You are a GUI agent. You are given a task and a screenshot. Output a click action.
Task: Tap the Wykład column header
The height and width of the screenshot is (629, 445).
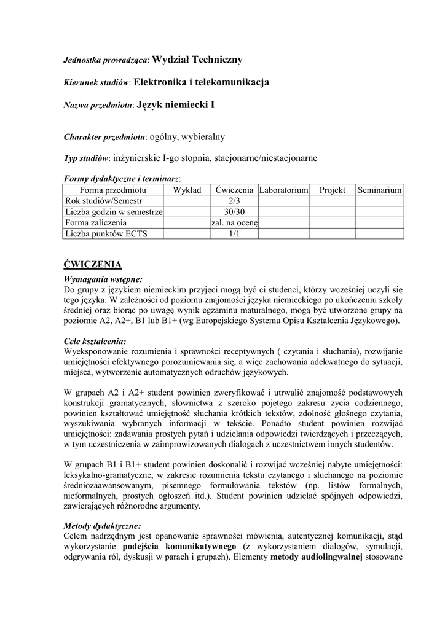pyautogui.click(x=187, y=190)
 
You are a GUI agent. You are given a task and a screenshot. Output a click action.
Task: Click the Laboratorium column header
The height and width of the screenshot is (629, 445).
pyautogui.click(x=283, y=190)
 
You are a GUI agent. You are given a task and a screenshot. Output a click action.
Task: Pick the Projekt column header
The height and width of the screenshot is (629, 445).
pyautogui.click(x=333, y=190)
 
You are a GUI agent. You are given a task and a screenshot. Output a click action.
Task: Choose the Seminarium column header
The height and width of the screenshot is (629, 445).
pyautogui.click(x=380, y=190)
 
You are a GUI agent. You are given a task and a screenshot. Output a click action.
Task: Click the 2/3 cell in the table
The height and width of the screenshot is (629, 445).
pyautogui.click(x=234, y=201)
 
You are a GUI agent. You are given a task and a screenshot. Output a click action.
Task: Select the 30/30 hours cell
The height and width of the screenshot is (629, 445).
pyautogui.click(x=234, y=212)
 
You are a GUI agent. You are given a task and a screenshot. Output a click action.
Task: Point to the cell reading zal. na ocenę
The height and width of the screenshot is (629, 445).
pyautogui.click(x=234, y=222)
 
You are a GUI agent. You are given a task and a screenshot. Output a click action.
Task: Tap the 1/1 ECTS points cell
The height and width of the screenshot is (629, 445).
pyautogui.click(x=234, y=233)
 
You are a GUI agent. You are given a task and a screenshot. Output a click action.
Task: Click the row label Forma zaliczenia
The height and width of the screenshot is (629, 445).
pyautogui.click(x=96, y=222)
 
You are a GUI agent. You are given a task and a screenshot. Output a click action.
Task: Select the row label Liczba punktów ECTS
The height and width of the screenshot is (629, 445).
pyautogui.click(x=106, y=233)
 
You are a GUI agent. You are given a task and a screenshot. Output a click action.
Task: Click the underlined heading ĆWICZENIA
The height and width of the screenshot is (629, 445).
pyautogui.click(x=93, y=265)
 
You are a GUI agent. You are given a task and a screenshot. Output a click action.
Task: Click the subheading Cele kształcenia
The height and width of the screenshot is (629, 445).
pyautogui.click(x=95, y=341)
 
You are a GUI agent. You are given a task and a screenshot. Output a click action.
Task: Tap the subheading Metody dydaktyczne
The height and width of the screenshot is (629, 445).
pyautogui.click(x=102, y=526)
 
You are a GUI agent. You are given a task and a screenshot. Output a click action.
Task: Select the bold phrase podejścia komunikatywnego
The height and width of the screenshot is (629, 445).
pyautogui.click(x=179, y=546)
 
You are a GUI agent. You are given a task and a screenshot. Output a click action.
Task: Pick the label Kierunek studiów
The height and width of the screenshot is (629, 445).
pyautogui.click(x=97, y=83)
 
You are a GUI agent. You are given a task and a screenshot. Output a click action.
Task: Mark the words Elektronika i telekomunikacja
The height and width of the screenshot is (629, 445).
pyautogui.click(x=201, y=82)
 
